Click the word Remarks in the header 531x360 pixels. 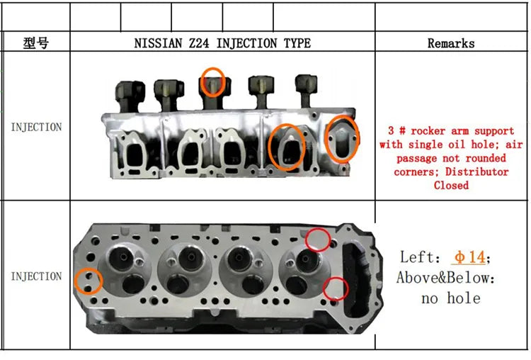tap(451, 43)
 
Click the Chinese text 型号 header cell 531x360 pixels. tap(36, 43)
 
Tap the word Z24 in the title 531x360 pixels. tap(198, 43)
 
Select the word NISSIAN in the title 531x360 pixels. tap(158, 43)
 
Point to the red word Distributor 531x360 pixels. tap(476, 172)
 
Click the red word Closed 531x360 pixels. tap(451, 186)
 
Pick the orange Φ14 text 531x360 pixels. tap(469, 257)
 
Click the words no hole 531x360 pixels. tap(451, 298)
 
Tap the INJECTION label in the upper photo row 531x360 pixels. tap(36, 127)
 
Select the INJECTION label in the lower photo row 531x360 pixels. tap(36, 276)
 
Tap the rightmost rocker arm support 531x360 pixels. tap(307, 91)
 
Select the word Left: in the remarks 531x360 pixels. tap(420, 257)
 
